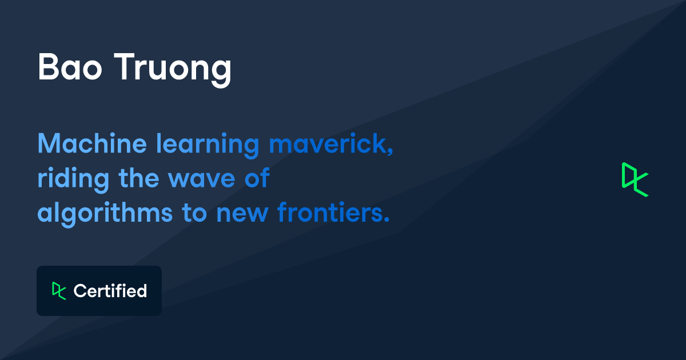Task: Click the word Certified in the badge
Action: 110,291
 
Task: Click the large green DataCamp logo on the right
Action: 635,180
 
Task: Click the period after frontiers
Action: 386,220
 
